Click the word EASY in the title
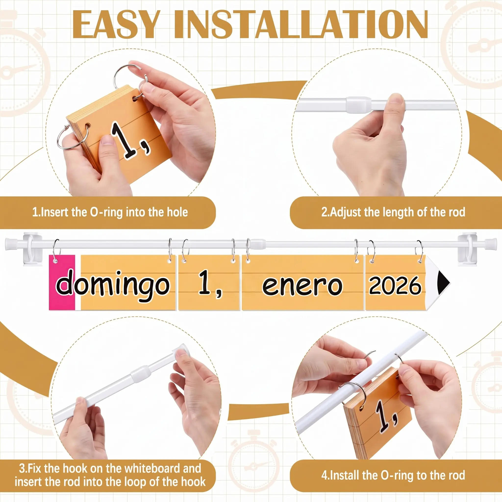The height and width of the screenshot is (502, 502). click(x=115, y=25)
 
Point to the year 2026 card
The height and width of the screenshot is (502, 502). click(x=395, y=283)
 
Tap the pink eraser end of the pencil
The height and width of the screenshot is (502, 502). click(x=62, y=282)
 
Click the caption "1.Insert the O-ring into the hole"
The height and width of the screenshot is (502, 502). click(x=110, y=212)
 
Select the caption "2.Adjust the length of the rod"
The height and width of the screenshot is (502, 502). click(x=393, y=212)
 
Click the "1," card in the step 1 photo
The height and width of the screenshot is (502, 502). click(x=120, y=133)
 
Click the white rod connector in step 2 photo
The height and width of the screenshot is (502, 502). click(x=359, y=104)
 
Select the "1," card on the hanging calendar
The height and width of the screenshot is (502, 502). click(x=209, y=283)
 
